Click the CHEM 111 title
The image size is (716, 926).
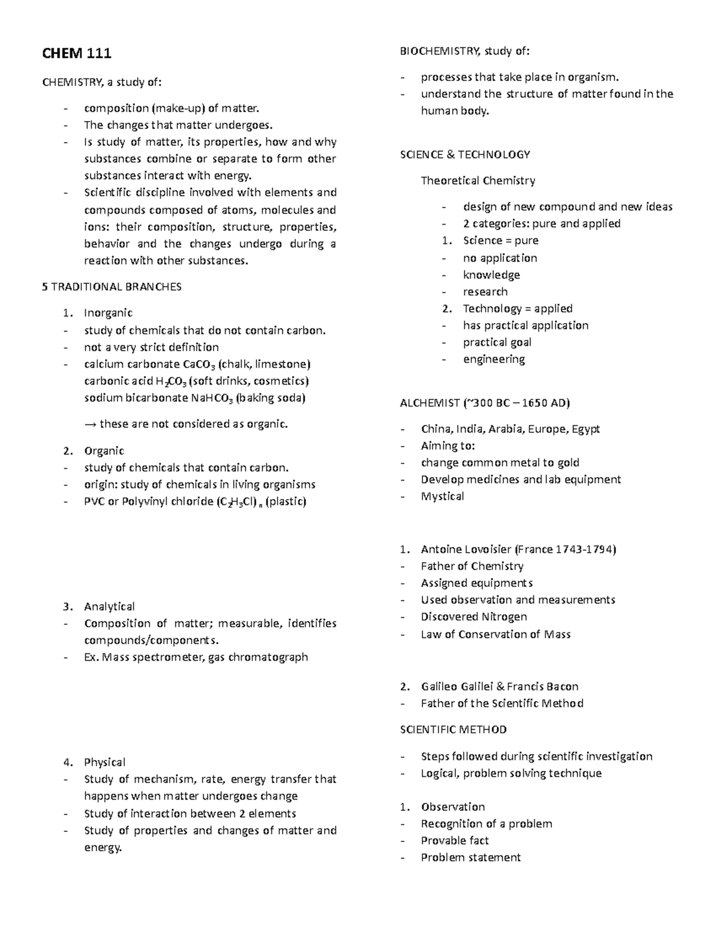(x=76, y=54)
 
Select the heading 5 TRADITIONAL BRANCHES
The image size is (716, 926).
(x=112, y=287)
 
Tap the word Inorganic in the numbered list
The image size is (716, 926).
(x=108, y=313)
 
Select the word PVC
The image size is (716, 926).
(x=94, y=501)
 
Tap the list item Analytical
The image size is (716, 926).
(x=109, y=606)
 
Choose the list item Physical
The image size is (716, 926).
(x=104, y=762)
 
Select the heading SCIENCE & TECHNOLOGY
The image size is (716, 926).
(x=465, y=154)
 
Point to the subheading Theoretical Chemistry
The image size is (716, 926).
(x=478, y=181)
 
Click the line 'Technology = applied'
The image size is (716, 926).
(x=517, y=309)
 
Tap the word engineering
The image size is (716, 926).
(x=493, y=360)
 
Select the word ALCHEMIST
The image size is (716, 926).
(x=430, y=403)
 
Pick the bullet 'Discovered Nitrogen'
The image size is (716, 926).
(x=474, y=617)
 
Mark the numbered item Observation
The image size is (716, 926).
(x=453, y=807)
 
